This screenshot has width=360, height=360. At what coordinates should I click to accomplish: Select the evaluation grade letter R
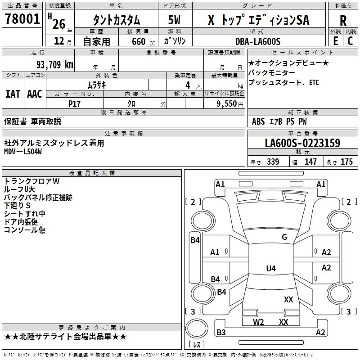tap(343, 21)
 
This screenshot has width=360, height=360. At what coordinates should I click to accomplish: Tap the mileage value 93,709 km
tap(54, 65)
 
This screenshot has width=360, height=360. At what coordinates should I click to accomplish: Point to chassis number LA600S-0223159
tap(302, 144)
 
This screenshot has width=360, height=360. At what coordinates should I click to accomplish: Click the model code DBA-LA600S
tap(258, 42)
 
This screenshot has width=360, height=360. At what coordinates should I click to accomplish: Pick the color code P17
tap(74, 103)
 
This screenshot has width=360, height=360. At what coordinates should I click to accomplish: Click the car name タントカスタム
tap(116, 20)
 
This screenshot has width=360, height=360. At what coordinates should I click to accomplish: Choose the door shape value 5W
tap(175, 20)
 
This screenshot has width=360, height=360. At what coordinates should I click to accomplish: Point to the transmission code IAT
tap(13, 94)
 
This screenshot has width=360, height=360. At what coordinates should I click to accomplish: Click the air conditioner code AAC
tap(34, 94)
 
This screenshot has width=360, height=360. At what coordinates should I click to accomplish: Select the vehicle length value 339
tap(273, 162)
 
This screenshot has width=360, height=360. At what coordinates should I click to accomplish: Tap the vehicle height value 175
tap(346, 162)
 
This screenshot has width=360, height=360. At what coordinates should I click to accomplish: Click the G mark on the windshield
tap(284, 237)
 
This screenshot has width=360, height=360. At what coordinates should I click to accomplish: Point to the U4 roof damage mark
tap(270, 269)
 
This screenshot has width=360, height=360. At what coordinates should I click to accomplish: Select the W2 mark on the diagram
tap(258, 322)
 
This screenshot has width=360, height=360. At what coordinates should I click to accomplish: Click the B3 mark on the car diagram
tap(221, 333)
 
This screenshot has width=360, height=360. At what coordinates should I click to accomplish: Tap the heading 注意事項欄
tap(124, 133)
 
